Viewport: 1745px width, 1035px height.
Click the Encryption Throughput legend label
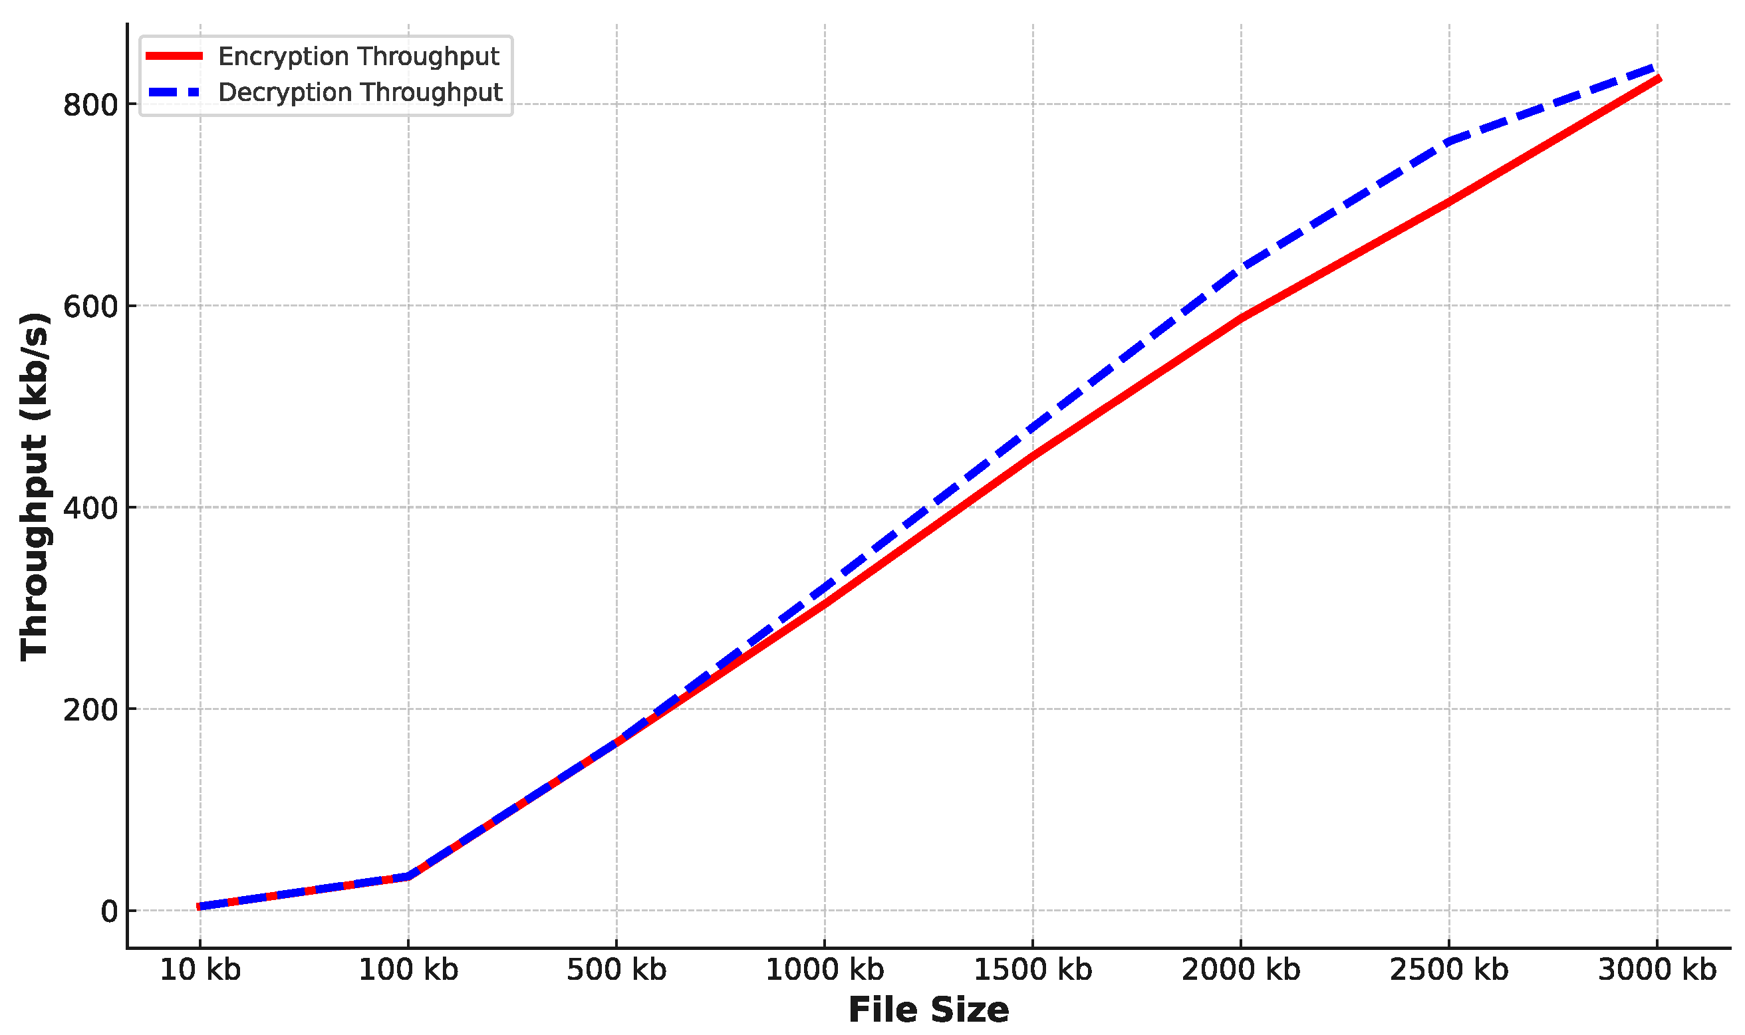(x=358, y=57)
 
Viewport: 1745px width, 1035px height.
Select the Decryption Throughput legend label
(x=360, y=93)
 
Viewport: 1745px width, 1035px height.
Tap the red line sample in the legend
(x=174, y=57)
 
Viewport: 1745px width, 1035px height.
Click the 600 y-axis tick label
(x=90, y=307)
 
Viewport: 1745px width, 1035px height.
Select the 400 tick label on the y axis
(x=90, y=509)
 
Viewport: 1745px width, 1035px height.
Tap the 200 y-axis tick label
(x=90, y=710)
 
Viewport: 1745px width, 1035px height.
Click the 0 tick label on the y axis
(x=109, y=911)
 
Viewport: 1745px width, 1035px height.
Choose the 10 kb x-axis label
(x=200, y=971)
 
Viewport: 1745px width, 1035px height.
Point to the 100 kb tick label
(x=408, y=971)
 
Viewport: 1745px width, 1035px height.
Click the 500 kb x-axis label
(x=616, y=971)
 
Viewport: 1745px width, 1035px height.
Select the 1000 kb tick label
(x=825, y=971)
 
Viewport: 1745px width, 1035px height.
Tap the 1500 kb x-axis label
(x=1033, y=971)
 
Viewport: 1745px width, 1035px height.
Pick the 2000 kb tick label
(x=1240, y=971)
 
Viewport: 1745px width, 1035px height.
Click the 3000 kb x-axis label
(x=1657, y=971)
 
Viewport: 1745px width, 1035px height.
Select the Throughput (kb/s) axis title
(x=33, y=486)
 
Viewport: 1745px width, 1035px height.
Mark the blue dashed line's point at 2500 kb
(x=1449, y=142)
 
